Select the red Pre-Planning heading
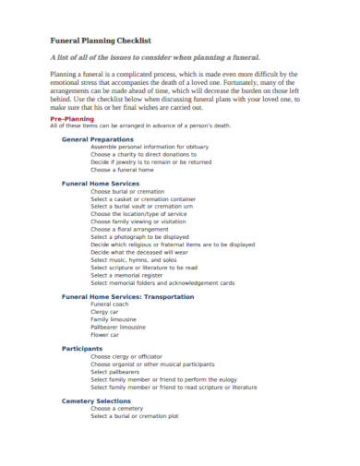[x=70, y=120]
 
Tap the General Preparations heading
[x=97, y=138]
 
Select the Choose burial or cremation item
[x=132, y=190]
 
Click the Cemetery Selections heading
[x=96, y=400]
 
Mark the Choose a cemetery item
[x=123, y=408]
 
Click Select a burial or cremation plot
[x=146, y=416]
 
